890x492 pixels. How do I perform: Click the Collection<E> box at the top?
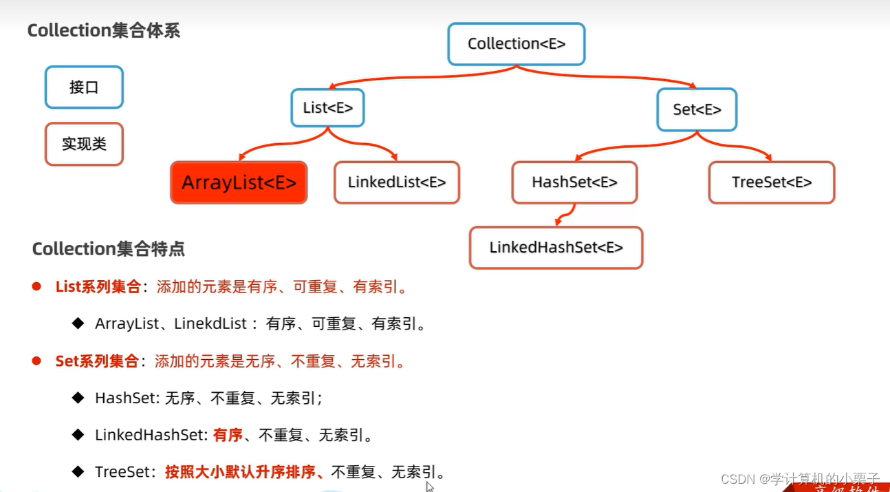tap(516, 44)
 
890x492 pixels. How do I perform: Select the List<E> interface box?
tap(327, 107)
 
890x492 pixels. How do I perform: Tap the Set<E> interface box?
tap(697, 109)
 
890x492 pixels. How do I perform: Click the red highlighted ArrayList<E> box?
tap(239, 182)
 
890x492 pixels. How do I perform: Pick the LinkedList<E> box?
tap(396, 182)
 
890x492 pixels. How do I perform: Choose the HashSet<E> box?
tap(574, 182)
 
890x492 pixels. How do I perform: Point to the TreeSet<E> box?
tap(771, 182)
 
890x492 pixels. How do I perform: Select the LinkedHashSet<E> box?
tap(556, 248)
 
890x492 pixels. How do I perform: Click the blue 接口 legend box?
tap(84, 87)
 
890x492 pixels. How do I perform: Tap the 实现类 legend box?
tap(84, 144)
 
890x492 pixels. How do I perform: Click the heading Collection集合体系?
tap(103, 30)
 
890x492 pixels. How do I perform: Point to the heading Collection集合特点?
tap(108, 248)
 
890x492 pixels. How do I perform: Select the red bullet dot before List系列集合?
tap(36, 286)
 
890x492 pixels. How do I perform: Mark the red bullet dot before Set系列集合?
tap(36, 361)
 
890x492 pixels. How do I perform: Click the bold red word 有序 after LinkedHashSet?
tap(228, 435)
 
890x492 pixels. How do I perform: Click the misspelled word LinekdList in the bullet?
tap(210, 323)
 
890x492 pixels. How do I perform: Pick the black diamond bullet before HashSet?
tap(78, 397)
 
